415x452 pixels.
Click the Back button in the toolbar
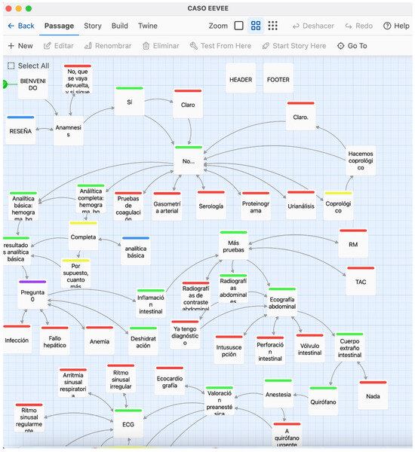click(x=21, y=26)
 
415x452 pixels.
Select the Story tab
click(x=93, y=26)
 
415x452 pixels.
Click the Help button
click(x=396, y=26)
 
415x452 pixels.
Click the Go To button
click(x=352, y=46)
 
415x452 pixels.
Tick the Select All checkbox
click(x=11, y=66)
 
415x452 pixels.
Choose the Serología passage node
click(x=211, y=205)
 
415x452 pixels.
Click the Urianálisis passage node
click(x=301, y=205)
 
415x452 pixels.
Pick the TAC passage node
click(x=361, y=280)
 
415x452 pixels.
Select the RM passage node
click(x=352, y=244)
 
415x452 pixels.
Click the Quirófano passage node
click(x=323, y=401)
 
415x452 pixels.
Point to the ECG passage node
click(x=128, y=423)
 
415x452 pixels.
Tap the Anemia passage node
click(x=99, y=341)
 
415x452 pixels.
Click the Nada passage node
click(x=372, y=395)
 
